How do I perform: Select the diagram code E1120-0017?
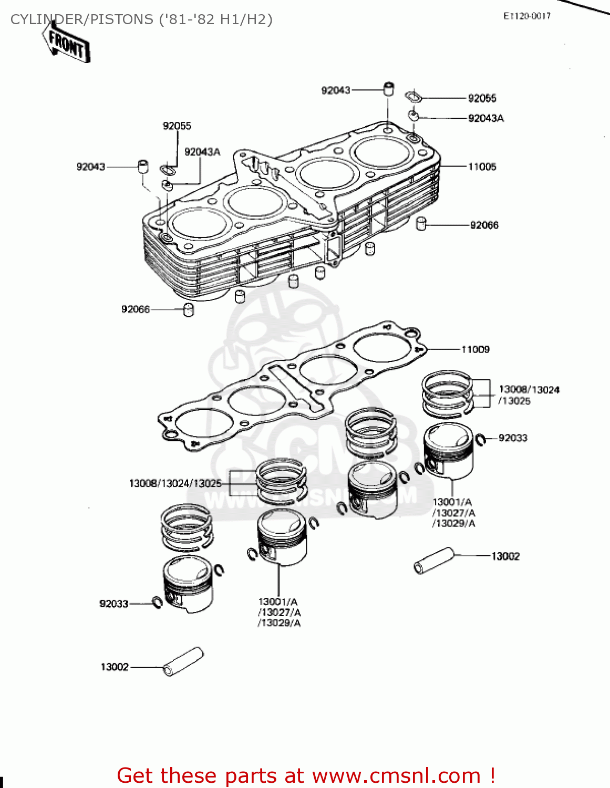pos(526,16)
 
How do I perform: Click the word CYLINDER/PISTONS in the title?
pos(82,19)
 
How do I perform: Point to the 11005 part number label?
pos(482,167)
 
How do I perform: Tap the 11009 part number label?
pos(475,349)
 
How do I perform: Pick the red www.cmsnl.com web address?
pos(396,775)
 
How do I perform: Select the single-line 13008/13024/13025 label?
pos(175,483)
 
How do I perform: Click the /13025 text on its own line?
pos(514,401)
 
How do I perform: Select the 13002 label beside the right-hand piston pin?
pos(505,556)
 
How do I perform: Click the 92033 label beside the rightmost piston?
pos(512,438)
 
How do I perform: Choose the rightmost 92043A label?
pos(485,118)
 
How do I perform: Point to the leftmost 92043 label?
pos(91,167)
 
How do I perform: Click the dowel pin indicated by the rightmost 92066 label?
pos(421,224)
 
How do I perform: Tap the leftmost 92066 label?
pos(136,309)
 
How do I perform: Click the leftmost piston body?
pos(188,586)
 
